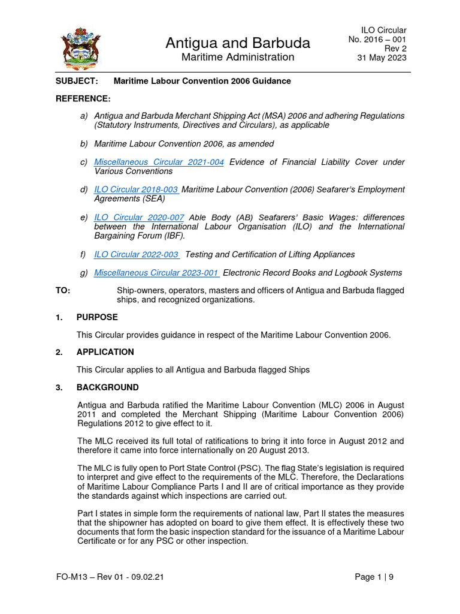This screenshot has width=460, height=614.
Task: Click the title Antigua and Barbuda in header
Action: click(x=237, y=43)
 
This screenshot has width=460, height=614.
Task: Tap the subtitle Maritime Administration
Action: click(x=237, y=58)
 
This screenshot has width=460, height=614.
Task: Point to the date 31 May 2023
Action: click(x=382, y=58)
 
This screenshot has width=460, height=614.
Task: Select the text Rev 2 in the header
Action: click(x=396, y=49)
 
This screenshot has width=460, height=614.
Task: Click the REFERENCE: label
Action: click(x=83, y=98)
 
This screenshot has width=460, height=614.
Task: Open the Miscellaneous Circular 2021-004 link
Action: click(x=159, y=162)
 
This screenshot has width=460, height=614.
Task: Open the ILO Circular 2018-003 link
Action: click(x=137, y=189)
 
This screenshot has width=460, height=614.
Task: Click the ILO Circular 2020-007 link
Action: click(x=139, y=217)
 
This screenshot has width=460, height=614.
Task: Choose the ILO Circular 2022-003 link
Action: click(x=137, y=254)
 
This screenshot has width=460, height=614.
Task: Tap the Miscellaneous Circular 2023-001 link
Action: click(x=157, y=273)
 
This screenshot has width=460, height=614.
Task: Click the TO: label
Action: click(x=63, y=291)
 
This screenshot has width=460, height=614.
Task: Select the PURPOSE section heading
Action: click(x=97, y=317)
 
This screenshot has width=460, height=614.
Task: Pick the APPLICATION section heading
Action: click(x=105, y=352)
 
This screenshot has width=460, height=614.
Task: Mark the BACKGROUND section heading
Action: click(x=107, y=387)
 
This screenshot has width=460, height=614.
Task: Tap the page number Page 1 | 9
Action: click(x=374, y=577)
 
